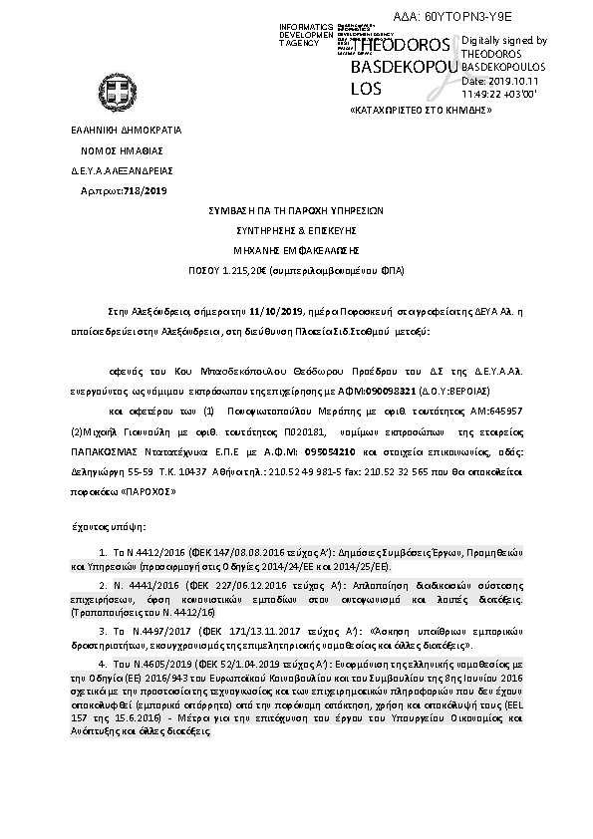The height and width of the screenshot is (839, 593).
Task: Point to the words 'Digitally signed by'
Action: pyautogui.click(x=505, y=40)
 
